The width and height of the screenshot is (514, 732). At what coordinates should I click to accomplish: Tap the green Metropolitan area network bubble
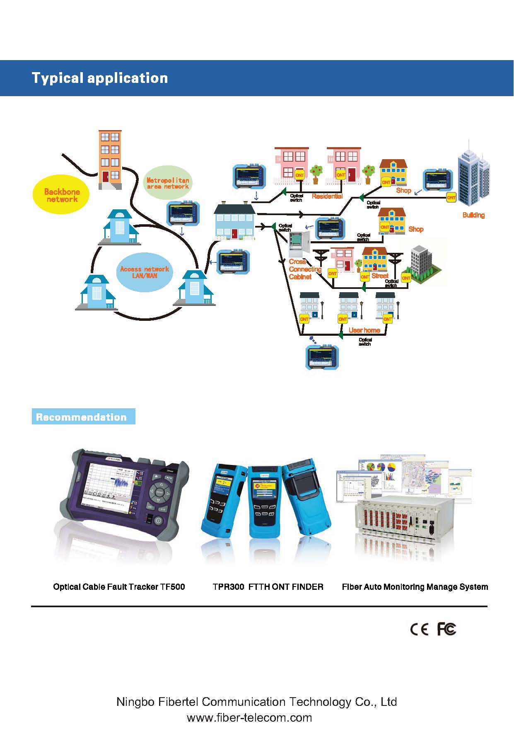click(168, 183)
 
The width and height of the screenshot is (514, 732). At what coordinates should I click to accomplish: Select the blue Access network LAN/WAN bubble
click(144, 272)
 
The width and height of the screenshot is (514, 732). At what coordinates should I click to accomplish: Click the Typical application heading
click(100, 78)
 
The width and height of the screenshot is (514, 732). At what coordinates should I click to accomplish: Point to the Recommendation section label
click(82, 417)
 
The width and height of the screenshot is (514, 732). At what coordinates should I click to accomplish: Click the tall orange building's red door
click(106, 177)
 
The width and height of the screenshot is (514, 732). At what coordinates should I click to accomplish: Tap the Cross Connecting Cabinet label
click(304, 269)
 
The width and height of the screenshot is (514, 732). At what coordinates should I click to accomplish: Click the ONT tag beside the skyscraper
click(451, 198)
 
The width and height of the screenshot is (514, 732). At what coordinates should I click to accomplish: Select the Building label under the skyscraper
click(473, 215)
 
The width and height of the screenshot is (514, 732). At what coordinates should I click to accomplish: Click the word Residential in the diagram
click(327, 196)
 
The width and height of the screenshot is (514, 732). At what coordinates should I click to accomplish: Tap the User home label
click(364, 330)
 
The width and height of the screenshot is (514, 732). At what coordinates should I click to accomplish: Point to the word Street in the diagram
click(380, 275)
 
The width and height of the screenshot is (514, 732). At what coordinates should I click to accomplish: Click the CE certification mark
click(419, 629)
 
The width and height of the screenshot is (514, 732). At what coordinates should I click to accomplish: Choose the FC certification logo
click(446, 629)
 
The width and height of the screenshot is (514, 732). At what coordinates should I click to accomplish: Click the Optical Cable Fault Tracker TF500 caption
click(119, 587)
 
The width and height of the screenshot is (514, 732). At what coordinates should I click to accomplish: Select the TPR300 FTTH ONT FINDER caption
click(268, 587)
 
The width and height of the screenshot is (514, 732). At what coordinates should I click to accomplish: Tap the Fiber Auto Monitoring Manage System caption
click(415, 587)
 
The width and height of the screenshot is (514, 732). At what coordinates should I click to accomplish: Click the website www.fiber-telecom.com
click(249, 717)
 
